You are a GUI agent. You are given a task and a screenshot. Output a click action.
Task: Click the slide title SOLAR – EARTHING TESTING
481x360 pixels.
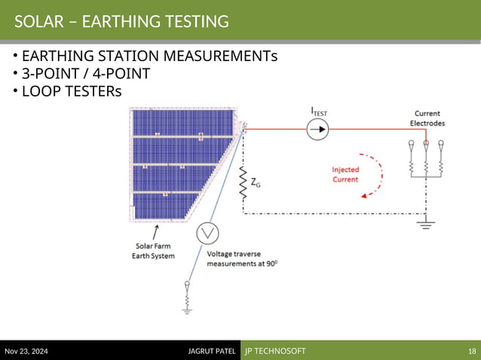click(x=121, y=22)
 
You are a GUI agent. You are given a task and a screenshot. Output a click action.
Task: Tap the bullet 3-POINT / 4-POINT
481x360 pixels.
click(x=85, y=74)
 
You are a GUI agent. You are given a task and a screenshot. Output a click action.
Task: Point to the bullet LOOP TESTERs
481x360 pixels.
click(x=71, y=91)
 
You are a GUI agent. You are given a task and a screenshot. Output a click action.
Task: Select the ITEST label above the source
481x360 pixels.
click(x=319, y=111)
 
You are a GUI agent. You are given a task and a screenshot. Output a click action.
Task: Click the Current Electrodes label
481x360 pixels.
click(x=427, y=118)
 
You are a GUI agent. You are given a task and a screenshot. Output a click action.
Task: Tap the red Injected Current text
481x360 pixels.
click(x=345, y=174)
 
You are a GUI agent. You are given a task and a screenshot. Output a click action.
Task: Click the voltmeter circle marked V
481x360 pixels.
click(x=207, y=234)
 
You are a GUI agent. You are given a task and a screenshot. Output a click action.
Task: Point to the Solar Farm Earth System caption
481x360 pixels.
click(x=155, y=250)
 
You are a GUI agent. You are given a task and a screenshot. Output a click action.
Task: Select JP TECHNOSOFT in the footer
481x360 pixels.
click(x=274, y=352)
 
